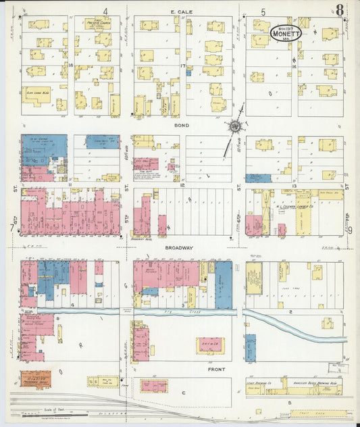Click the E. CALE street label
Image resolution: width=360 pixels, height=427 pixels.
pos(182,11)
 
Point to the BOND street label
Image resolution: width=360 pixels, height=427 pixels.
pos(182,126)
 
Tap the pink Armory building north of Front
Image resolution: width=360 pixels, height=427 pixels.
pos(210,346)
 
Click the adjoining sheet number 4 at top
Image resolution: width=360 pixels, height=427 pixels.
pos(105,11)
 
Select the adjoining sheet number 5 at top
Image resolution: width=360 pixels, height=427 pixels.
pos(263,11)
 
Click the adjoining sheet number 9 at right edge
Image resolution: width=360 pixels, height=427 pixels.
pos(350,229)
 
